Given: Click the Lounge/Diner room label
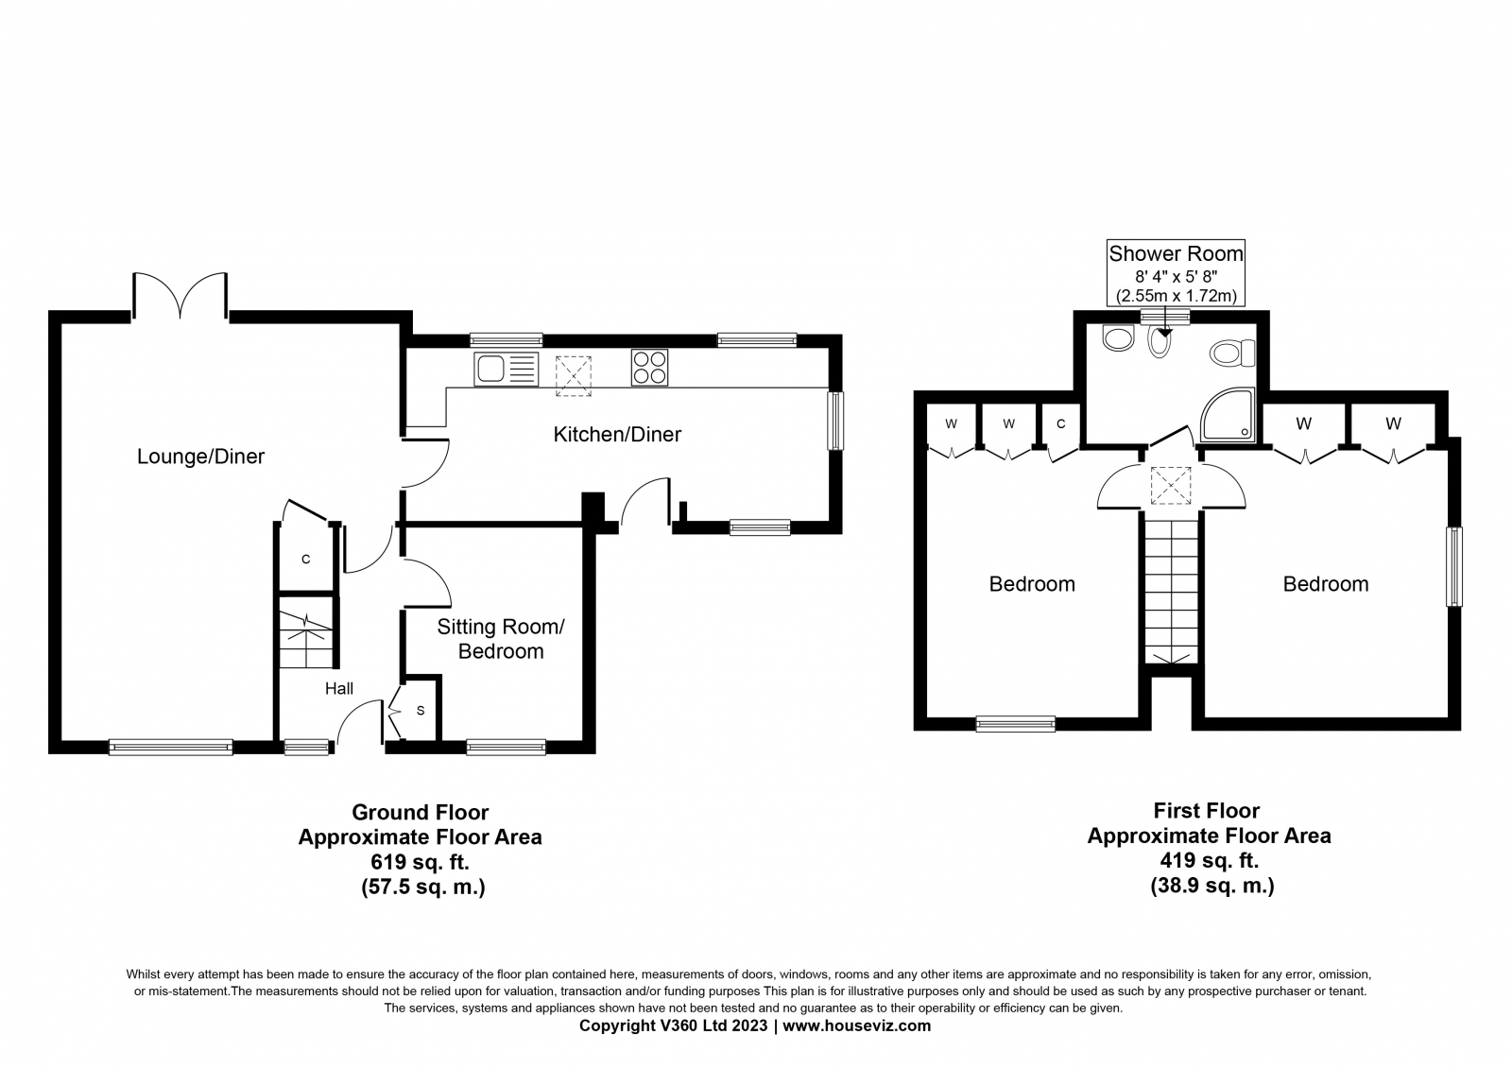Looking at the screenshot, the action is coord(200,457).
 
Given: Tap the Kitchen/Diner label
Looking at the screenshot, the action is coord(617,434).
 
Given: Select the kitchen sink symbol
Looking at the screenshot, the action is coord(507,369).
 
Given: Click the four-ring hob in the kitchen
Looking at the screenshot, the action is coord(649,368).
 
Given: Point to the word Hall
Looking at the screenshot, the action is coord(339,688).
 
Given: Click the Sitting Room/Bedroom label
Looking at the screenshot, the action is coord(501,639).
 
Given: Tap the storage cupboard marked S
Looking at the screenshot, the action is coord(420,711).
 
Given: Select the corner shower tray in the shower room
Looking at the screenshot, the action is coord(1228,414).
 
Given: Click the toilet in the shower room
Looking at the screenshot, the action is coord(1232,353).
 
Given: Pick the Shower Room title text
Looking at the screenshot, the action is coord(1176,253).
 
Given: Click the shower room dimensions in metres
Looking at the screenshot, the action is coord(1176,296).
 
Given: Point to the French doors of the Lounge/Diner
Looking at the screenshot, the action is coord(180,295).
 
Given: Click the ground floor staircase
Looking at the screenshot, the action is coord(306,632).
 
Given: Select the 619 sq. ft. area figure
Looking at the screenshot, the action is coord(420,862).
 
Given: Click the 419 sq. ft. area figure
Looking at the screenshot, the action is coord(1209,861).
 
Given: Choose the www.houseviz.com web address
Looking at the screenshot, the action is coord(856,1026).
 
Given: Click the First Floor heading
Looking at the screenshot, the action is coord(1206,810).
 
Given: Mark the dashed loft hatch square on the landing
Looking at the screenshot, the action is coord(1171,485).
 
